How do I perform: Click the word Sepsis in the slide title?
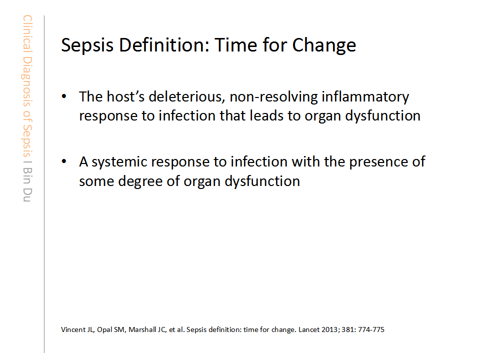click(87, 45)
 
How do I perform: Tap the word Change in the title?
click(324, 45)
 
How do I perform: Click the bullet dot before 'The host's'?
click(64, 96)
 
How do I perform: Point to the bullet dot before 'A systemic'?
click(64, 161)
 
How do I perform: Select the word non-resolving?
click(273, 97)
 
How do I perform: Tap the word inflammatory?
click(365, 97)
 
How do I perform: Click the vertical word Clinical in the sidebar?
click(27, 33)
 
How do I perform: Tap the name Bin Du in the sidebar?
click(27, 184)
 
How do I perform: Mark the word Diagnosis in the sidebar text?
click(27, 81)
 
